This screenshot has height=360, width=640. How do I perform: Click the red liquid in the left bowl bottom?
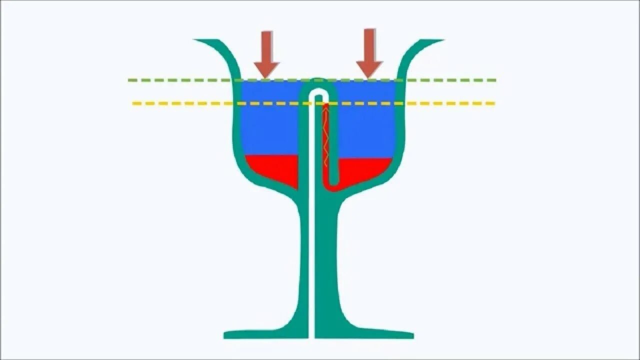pos(272,167)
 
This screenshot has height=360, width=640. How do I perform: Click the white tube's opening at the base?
pos(311,335)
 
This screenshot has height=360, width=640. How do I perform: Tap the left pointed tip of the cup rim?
pos(196,40)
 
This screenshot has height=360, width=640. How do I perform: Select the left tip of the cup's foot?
pos(226,334)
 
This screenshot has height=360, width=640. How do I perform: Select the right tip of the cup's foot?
pos(412,334)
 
